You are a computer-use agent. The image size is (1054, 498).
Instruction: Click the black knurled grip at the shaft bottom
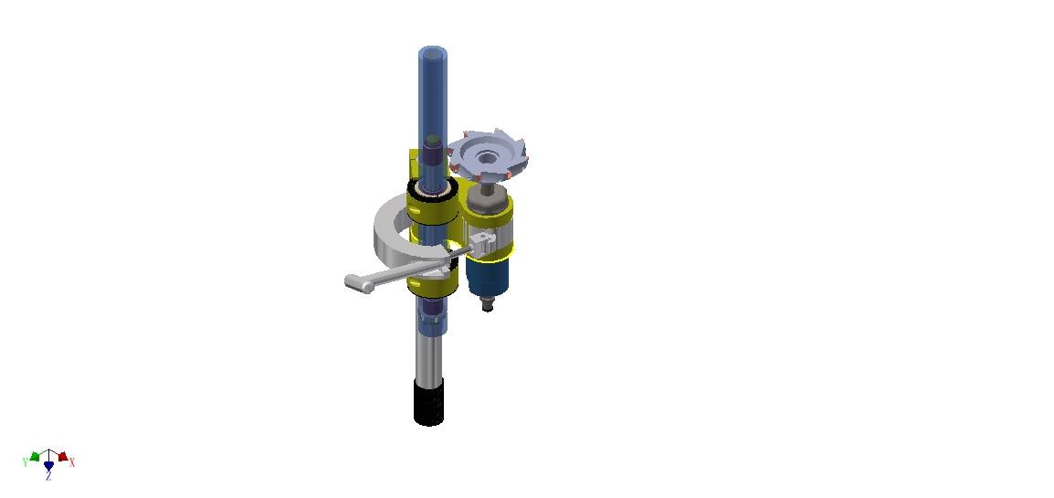(x=429, y=402)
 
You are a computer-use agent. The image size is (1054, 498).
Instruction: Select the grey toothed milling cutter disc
(x=489, y=155)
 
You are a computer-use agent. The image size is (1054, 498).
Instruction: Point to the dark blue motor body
(x=488, y=276)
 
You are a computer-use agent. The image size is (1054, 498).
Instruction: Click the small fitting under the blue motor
(x=488, y=304)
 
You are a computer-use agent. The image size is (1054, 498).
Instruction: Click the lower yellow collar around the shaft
(x=434, y=282)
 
